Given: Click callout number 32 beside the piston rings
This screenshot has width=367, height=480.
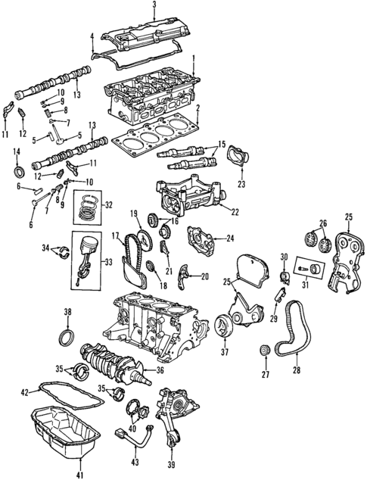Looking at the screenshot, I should pyautogui.click(x=108, y=204).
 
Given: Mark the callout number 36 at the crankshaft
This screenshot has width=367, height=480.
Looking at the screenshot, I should pyautogui.click(x=160, y=370).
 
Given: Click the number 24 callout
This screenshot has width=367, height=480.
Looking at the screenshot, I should pyautogui.click(x=230, y=238).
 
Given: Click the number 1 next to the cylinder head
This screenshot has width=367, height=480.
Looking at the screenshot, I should pyautogui.click(x=194, y=58).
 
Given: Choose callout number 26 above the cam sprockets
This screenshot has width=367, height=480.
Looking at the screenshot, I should pyautogui.click(x=323, y=223).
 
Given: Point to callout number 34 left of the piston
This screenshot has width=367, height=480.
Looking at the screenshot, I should pyautogui.click(x=45, y=247).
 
